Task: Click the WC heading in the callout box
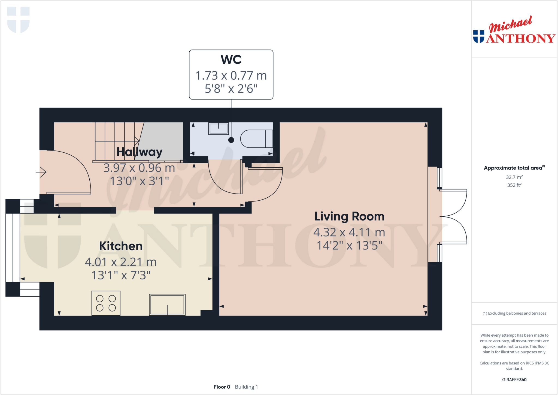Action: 231,59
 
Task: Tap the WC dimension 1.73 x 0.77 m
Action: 231,76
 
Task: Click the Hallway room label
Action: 139,152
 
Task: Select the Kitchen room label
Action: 121,246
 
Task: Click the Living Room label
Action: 349,216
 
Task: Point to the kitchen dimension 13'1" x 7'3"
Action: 121,275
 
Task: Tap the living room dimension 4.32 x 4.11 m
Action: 349,232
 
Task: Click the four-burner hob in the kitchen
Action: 106,303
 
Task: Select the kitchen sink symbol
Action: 167,305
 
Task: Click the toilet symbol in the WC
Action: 256,139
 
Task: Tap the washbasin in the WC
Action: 219,128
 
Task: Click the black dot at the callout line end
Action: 231,140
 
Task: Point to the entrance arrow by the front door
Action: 41,172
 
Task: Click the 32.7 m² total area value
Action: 514,177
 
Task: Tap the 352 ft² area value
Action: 514,185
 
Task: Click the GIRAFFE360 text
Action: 514,379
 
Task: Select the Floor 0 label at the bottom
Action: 222,387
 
